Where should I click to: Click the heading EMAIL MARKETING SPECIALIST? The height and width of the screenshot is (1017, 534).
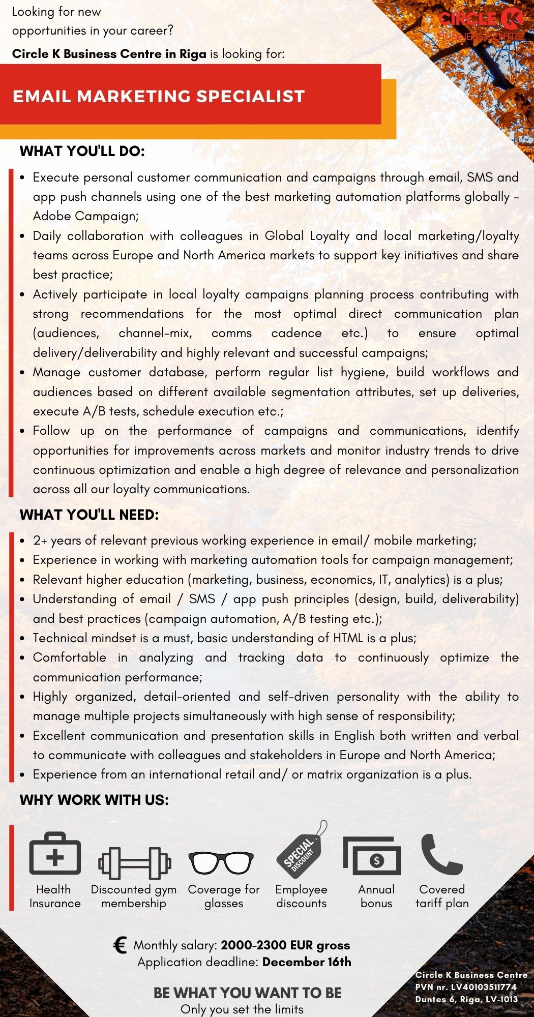(158, 96)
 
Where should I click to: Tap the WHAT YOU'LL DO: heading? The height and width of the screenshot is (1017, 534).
(82, 151)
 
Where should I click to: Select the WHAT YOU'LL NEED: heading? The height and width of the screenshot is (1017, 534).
(90, 515)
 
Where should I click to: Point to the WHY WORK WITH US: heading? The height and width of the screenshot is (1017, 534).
(94, 800)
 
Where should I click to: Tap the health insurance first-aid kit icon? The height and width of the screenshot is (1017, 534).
(55, 853)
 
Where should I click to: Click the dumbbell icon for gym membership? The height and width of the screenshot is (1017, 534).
(134, 862)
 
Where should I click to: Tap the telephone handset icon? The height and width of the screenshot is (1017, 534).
(440, 854)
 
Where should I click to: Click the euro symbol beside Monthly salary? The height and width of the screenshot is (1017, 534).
(120, 945)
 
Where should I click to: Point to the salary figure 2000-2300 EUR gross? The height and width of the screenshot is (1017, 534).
(285, 945)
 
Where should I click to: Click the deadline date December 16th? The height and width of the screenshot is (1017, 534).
(307, 962)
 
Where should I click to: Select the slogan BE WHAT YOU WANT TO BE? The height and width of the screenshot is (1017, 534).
(247, 993)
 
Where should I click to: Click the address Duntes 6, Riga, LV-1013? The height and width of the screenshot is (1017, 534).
(466, 999)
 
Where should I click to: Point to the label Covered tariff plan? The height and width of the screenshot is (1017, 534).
(442, 896)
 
